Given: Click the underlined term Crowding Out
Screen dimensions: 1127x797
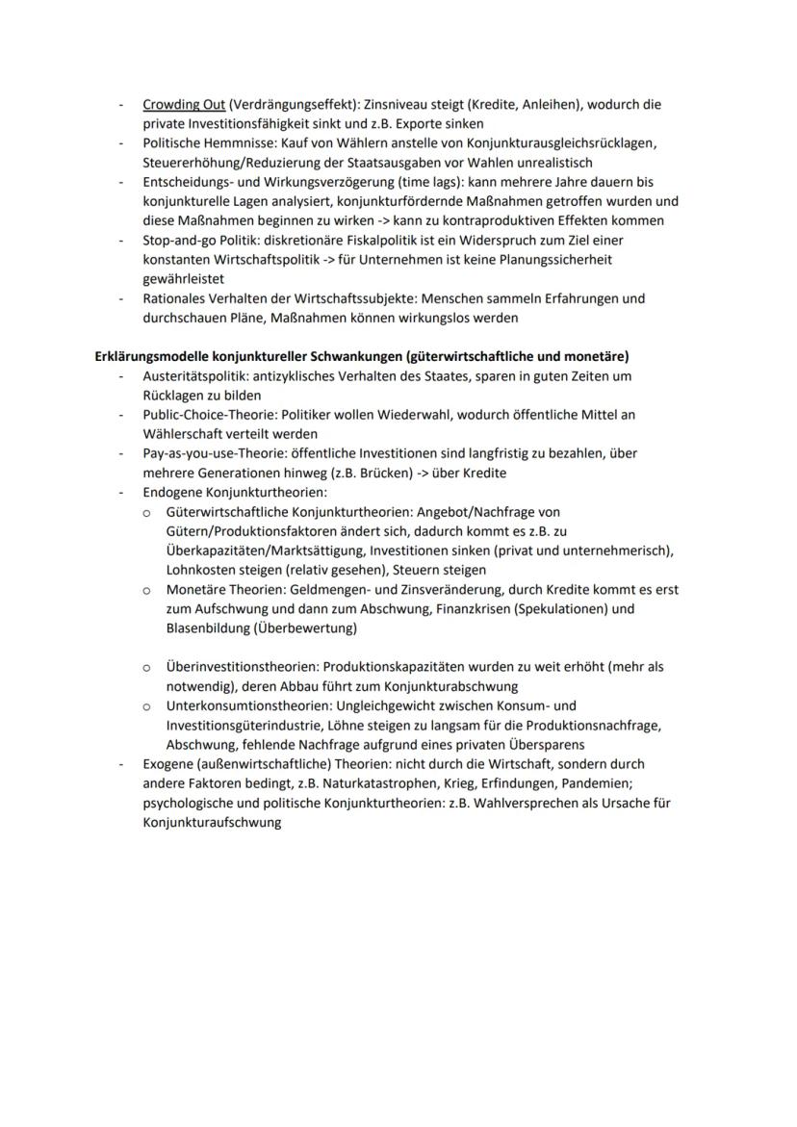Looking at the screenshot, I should pos(184,104).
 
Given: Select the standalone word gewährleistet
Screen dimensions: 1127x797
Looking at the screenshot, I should pos(184,278).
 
